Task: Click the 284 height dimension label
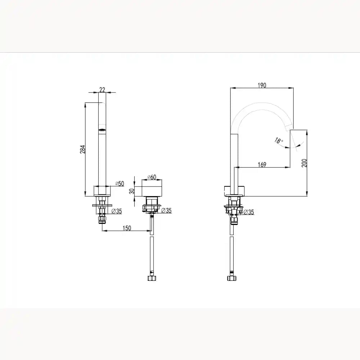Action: (83, 149)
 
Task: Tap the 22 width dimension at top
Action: (102, 90)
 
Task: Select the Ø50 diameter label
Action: (120, 184)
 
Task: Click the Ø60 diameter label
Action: (152, 177)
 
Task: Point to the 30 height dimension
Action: (131, 191)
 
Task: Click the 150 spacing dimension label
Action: (127, 228)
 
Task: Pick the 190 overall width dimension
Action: (262, 85)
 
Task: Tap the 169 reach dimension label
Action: (262, 165)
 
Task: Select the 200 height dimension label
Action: (304, 163)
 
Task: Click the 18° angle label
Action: (279, 140)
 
